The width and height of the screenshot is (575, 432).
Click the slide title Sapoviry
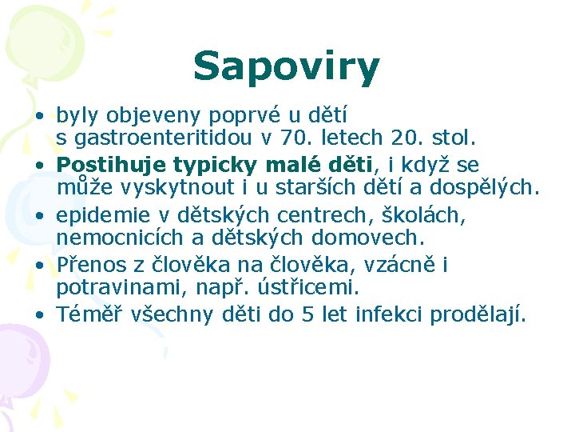pyautogui.click(x=286, y=66)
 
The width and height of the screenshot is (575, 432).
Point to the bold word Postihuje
pyautogui.click(x=105, y=165)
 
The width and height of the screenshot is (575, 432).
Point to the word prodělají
pyautogui.click(x=478, y=315)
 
